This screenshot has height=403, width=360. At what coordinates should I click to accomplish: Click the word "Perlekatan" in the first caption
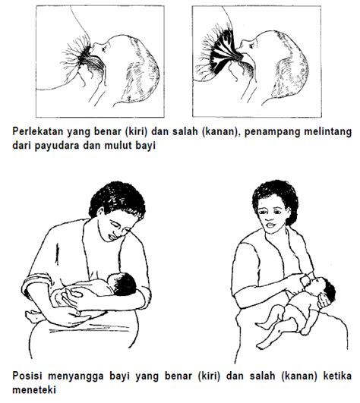[38, 131]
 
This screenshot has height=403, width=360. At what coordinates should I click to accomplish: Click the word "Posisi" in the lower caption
[27, 376]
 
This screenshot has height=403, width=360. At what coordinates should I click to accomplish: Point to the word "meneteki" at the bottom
[34, 390]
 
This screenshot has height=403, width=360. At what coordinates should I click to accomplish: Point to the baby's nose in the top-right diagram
[241, 46]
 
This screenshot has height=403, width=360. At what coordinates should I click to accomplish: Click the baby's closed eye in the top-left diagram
[104, 49]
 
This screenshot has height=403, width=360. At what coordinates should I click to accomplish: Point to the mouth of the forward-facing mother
[270, 225]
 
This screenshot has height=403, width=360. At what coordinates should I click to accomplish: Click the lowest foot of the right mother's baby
[262, 345]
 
